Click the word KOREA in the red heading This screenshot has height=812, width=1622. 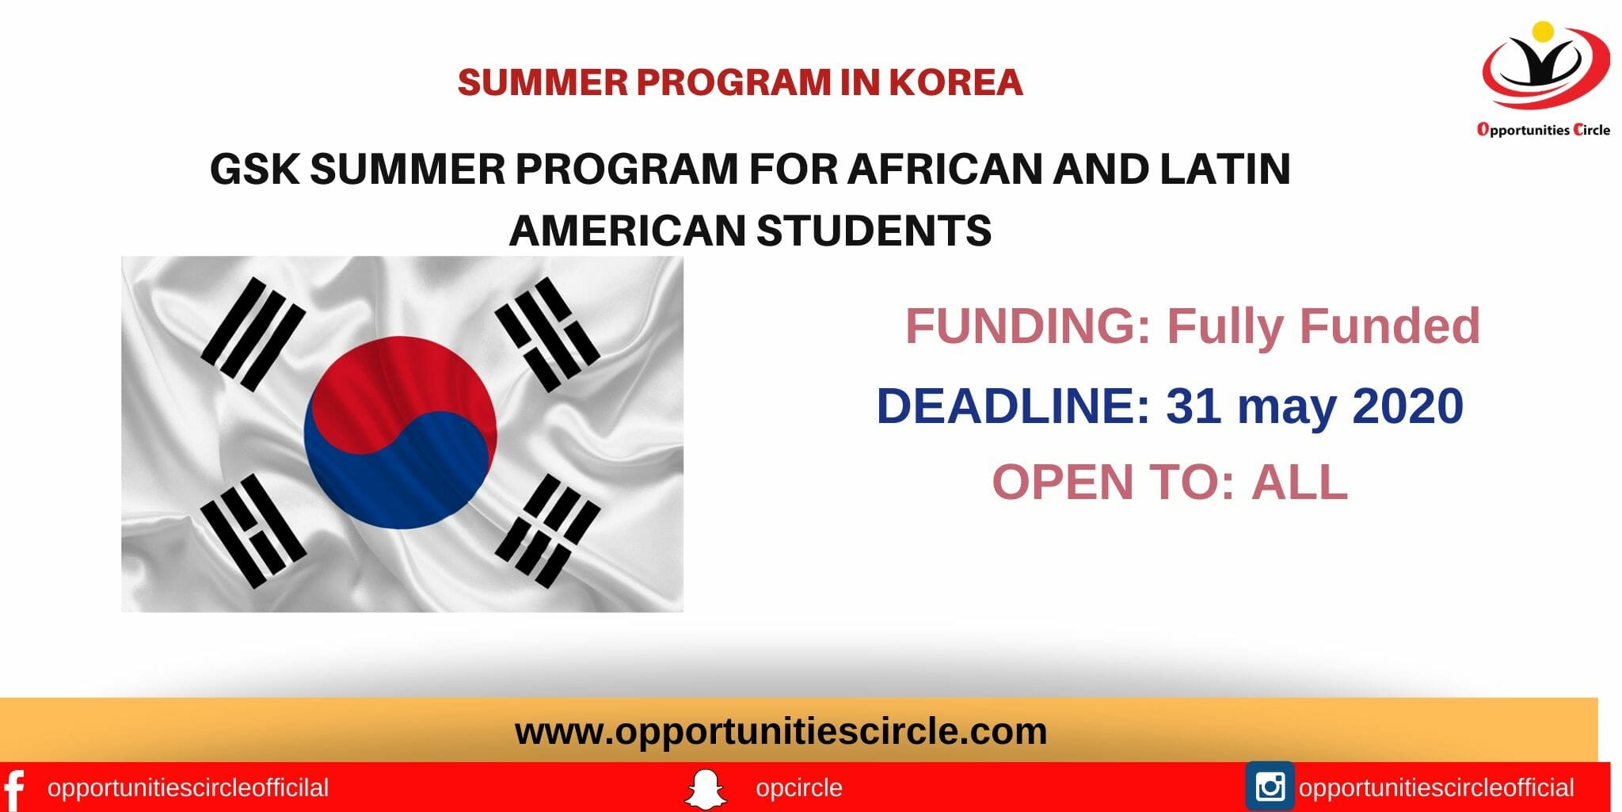(956, 82)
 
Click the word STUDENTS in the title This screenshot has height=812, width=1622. (874, 231)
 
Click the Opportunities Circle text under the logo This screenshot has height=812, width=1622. (1544, 130)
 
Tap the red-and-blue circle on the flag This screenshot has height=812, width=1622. (401, 433)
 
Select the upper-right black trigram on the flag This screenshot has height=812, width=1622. (546, 334)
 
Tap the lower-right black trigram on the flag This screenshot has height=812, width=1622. (547, 531)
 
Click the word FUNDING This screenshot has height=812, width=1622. (1028, 326)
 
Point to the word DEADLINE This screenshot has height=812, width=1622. (1013, 406)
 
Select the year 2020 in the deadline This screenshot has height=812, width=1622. (1407, 406)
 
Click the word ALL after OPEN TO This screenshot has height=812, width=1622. (1300, 482)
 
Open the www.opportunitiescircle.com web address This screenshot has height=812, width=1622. (781, 730)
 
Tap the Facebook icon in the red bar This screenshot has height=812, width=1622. (14, 789)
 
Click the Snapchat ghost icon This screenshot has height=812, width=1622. (705, 789)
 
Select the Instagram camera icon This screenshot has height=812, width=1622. (1270, 787)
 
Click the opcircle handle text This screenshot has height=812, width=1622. (799, 788)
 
